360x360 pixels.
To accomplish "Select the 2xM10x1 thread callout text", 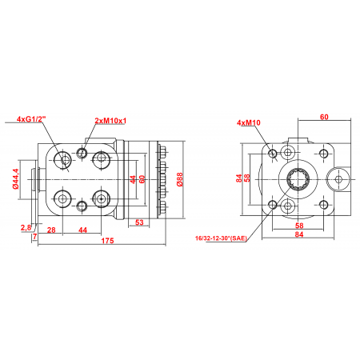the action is (110, 121).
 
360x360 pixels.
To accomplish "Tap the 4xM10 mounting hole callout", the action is (249, 122).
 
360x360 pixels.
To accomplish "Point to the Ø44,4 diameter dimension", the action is (16, 178).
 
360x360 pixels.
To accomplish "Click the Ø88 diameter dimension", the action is (180, 179).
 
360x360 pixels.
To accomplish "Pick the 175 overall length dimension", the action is (107, 241).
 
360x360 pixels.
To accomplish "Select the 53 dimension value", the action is (139, 222).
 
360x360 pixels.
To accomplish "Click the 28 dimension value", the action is (51, 230).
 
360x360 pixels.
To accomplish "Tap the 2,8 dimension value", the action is (26, 227).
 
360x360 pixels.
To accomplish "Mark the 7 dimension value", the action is (34, 236).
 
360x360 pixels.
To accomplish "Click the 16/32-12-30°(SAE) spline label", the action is (221, 238).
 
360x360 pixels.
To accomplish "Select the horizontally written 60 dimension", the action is (324, 117).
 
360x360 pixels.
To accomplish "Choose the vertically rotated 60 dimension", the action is (142, 179).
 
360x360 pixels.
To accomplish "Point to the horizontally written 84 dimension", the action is (299, 234).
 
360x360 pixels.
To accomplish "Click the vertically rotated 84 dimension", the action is (239, 178).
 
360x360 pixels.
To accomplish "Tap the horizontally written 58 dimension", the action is (299, 226).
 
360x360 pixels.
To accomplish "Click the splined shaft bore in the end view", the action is (298, 179).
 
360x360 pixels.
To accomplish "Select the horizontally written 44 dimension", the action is (83, 230).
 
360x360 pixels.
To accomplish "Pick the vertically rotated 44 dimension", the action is (133, 179).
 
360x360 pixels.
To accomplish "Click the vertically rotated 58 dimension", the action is (247, 178).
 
